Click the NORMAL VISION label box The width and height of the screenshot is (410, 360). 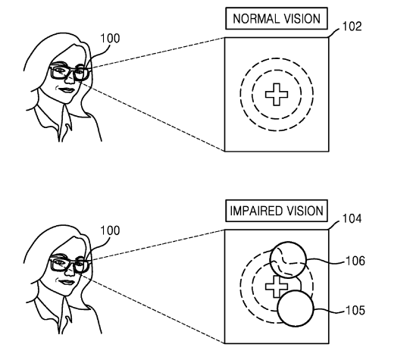tap(277, 18)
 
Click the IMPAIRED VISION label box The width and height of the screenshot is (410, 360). tap(277, 211)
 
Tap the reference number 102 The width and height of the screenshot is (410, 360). tap(352, 27)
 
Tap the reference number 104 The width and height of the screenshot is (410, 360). tap(352, 218)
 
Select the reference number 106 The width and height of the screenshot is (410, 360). tap(355, 261)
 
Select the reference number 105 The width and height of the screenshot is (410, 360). tap(355, 310)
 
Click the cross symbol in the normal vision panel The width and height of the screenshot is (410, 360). tap(277, 95)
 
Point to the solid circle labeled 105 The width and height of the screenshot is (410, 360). tap(296, 291)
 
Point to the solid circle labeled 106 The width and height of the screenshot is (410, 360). tap(288, 242)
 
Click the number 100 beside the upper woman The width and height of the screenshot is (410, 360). tap(110, 38)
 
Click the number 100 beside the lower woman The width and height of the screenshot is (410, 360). tap(110, 230)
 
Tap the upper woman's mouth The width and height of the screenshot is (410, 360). tap(67, 90)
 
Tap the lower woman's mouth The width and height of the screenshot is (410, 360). tap(67, 283)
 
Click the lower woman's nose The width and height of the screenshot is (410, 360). tap(70, 271)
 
